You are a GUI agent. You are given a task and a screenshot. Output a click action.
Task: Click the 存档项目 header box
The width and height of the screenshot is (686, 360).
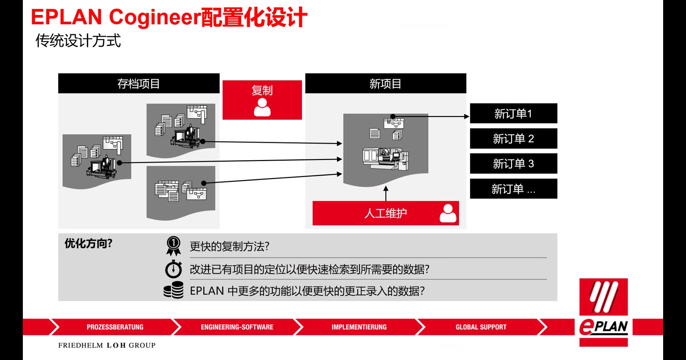pos(139,84)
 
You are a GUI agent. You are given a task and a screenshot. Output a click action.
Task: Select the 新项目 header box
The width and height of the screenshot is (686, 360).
pos(386,84)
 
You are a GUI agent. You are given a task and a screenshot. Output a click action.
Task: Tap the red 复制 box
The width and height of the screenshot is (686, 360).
pos(262,100)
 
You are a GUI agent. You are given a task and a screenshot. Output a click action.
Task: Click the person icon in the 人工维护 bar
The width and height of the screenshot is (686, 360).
pos(448,213)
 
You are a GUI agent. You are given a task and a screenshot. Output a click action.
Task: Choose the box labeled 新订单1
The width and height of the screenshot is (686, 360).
pos(513,114)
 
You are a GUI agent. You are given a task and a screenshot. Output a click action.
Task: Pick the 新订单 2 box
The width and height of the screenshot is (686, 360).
pos(513,139)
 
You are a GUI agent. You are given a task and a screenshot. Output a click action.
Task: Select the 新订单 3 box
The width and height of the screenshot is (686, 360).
pos(513,164)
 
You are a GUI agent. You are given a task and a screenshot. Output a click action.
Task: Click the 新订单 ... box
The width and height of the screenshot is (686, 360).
pos(513,189)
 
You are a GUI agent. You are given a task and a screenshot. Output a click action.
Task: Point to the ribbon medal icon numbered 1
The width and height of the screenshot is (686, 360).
pos(174,246)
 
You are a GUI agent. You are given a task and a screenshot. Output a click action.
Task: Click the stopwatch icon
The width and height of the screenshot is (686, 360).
pos(174,269)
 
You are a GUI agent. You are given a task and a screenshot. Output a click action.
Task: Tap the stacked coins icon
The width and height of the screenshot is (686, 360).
pos(174,290)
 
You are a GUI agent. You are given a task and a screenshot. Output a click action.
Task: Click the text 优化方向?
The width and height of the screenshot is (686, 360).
pos(89,244)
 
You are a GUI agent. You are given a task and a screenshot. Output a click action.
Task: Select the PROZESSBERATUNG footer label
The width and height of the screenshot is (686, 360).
pos(115,327)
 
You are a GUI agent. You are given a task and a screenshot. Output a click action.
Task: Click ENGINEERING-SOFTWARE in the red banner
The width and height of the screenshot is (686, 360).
pos(237,327)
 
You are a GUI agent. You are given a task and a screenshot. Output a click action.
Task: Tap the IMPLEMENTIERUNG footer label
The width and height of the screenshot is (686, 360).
pos(359,327)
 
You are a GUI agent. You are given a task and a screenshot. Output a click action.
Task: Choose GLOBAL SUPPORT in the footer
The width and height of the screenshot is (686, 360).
pos(481,327)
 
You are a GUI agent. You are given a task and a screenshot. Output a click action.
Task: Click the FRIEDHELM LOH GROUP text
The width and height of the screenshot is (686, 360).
pos(107,345)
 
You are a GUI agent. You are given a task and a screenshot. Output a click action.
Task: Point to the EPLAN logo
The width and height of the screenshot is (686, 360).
pos(603,312)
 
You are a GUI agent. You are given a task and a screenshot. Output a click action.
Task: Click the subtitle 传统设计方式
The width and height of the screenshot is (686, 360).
pos(78,41)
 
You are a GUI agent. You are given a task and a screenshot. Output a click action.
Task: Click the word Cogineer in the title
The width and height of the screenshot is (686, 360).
pos(154,17)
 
